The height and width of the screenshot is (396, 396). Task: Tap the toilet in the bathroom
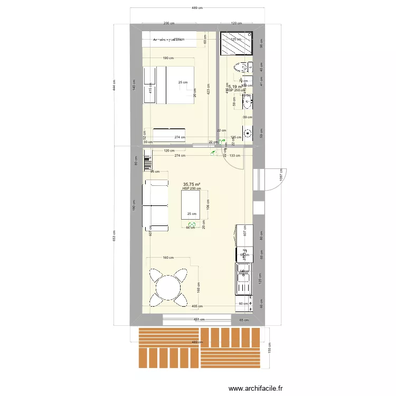point(243,67)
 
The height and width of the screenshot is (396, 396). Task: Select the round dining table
point(168,288)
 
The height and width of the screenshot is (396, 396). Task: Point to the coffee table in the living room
point(191,205)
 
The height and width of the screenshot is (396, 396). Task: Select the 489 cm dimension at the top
point(197,8)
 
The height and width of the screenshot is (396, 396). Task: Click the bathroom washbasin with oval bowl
point(247,100)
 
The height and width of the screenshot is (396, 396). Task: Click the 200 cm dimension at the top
point(169,24)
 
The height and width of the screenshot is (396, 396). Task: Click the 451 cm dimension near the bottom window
point(196,319)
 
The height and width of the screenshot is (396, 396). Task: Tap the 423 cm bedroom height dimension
point(209,91)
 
